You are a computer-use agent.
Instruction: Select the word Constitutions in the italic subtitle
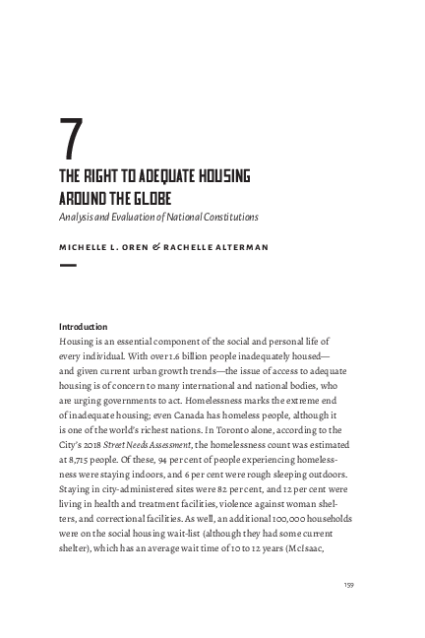[229, 215]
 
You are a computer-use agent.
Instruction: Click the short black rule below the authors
[69, 265]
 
